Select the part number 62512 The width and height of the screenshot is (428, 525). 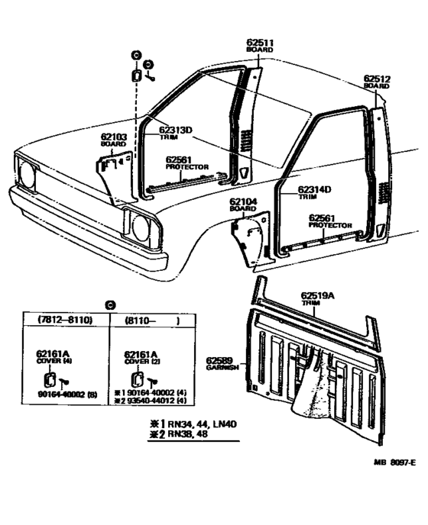(x=378, y=78)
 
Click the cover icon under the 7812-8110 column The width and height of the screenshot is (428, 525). (x=49, y=378)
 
